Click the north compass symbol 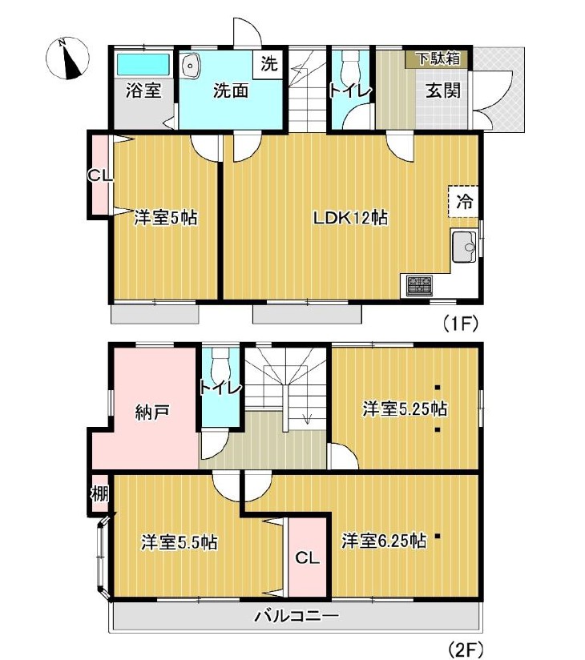tap(67, 58)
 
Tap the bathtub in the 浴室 tap(143, 64)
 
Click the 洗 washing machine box tap(268, 63)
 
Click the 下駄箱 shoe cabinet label tap(438, 58)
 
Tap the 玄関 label tap(442, 91)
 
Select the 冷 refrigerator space tap(463, 201)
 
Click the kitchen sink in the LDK tap(464, 246)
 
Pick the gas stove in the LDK tap(419, 285)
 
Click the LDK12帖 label tap(350, 218)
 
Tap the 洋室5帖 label tap(166, 218)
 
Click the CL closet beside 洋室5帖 tap(100, 175)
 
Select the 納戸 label tap(152, 411)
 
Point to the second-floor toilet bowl tap(220, 364)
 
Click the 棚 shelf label tap(100, 493)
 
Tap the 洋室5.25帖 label tap(405, 408)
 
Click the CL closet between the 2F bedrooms tap(308, 557)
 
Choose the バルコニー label tap(296, 617)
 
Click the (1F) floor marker tap(460, 324)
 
